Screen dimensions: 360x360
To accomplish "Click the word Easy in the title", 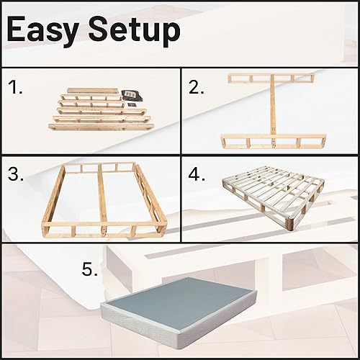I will (49, 30).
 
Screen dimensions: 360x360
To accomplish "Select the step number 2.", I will (197, 88).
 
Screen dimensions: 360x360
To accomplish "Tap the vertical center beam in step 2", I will (271, 108).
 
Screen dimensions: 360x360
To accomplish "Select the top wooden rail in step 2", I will (271, 77).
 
